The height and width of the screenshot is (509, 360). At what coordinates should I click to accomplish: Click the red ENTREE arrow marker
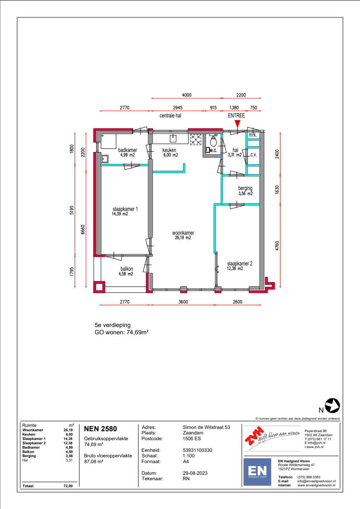[x=238, y=124]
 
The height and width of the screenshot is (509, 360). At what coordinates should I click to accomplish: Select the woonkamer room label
[x=183, y=233]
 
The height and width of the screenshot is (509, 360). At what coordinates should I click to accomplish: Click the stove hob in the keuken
[x=195, y=140]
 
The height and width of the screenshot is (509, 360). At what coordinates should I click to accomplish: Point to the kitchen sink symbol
[x=173, y=138]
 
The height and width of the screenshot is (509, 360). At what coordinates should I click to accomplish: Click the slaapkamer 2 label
[x=240, y=264]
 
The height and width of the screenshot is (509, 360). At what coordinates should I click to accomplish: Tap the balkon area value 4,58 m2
[x=126, y=274]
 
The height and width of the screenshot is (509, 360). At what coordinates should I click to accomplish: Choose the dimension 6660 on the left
[x=83, y=229]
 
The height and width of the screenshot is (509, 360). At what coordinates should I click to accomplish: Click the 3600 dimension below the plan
[x=183, y=302]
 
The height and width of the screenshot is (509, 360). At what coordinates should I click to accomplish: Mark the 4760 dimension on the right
[x=277, y=246]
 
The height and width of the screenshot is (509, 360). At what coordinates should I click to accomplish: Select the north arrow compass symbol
[x=332, y=405]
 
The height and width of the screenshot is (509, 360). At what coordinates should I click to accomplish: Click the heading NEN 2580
[x=100, y=429]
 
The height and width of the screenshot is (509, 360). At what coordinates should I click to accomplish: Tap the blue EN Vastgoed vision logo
[x=257, y=472]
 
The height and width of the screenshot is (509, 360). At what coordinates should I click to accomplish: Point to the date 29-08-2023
[x=195, y=473]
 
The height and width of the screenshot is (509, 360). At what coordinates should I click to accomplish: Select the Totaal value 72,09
[x=68, y=486]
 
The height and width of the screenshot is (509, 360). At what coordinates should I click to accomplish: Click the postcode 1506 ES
[x=192, y=438]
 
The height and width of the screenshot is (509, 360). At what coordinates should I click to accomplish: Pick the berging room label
[x=245, y=188]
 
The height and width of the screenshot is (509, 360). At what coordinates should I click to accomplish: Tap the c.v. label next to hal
[x=253, y=155]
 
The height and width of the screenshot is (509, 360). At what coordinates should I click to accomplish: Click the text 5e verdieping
[x=113, y=325]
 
